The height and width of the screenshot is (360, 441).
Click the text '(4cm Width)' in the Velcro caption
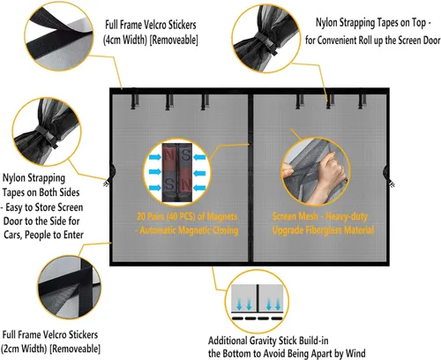124,40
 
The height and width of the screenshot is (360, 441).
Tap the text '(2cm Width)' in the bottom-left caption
24,349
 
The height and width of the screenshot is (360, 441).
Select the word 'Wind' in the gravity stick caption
355,353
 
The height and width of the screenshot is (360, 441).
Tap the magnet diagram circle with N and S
177,172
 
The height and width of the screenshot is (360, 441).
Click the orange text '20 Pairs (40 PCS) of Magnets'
187,217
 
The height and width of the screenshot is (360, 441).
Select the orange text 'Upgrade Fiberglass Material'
323,230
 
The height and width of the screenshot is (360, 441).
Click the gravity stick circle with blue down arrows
257,302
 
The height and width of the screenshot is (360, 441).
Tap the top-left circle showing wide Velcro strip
59,36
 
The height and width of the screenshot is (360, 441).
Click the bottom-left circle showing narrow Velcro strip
70,288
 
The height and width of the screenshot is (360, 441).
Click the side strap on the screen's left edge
109,176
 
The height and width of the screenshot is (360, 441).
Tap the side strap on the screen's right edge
389,176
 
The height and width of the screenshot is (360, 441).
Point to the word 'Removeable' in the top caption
174,40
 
